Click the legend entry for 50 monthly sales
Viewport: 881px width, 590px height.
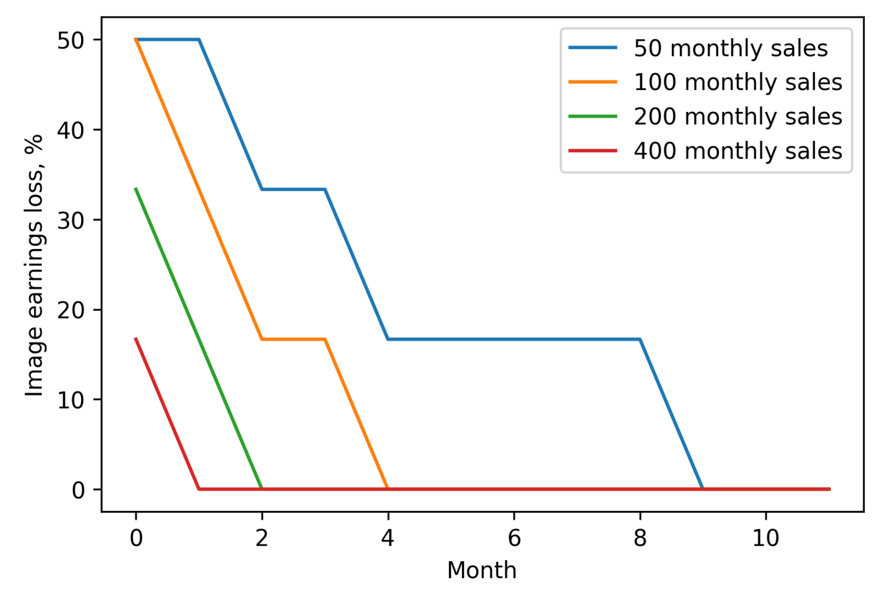pyautogui.click(x=730, y=48)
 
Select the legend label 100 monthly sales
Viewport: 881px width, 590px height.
pyautogui.click(x=738, y=82)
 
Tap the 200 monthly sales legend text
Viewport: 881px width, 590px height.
pyautogui.click(x=738, y=116)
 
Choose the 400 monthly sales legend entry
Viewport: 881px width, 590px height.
pyautogui.click(x=738, y=151)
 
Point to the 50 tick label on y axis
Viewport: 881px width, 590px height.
pyautogui.click(x=71, y=40)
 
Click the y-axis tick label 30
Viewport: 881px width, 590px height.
pyautogui.click(x=71, y=220)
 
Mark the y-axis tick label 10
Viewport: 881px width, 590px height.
pyautogui.click(x=71, y=400)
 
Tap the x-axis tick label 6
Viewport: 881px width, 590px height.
pyautogui.click(x=514, y=538)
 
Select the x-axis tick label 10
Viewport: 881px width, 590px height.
pyautogui.click(x=765, y=538)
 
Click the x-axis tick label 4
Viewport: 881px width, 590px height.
pyautogui.click(x=388, y=538)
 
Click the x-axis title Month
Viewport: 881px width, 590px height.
pyautogui.click(x=482, y=570)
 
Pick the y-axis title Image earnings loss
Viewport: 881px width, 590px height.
pyautogui.click(x=35, y=265)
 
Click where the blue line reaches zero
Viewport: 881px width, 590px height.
pyautogui.click(x=703, y=489)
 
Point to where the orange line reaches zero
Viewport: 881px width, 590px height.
pyautogui.click(x=388, y=489)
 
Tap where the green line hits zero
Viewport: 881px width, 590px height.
pyautogui.click(x=262, y=489)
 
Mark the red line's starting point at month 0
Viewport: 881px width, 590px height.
pyautogui.click(x=136, y=339)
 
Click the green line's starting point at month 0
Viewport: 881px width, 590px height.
pyautogui.click(x=136, y=189)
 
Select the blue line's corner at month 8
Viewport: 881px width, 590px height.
pyautogui.click(x=640, y=339)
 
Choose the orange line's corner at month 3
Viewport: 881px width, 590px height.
pyautogui.click(x=325, y=339)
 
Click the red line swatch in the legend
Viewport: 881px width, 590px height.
pyautogui.click(x=593, y=151)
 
